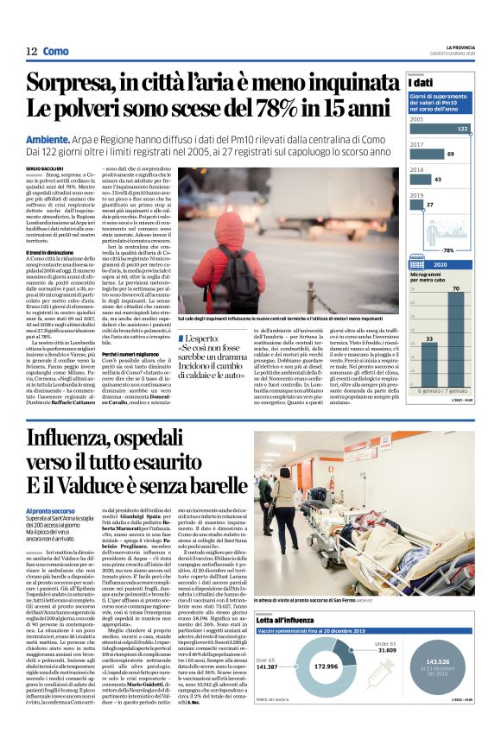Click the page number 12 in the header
(31, 51)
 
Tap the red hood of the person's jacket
(222, 227)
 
